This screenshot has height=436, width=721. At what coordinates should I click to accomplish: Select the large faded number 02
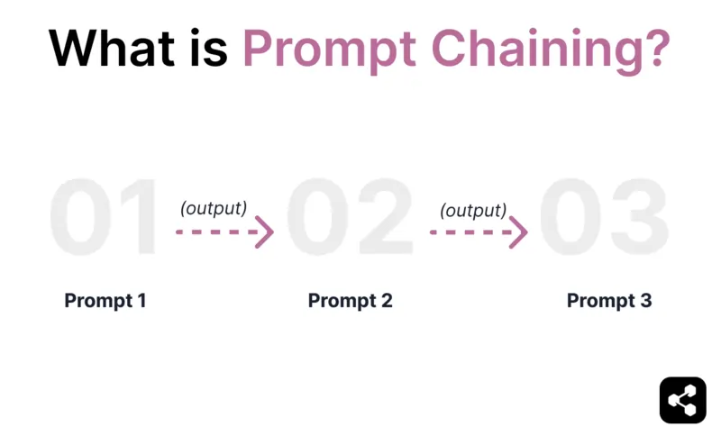point(351,219)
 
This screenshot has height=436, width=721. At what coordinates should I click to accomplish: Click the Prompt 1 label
point(105,301)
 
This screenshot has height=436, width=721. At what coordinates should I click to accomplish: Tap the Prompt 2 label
point(351,301)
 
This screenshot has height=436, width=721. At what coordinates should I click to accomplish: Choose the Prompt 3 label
point(609,301)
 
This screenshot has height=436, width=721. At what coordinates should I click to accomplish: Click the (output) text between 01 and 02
point(214,208)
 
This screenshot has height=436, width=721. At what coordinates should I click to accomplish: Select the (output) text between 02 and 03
point(473,211)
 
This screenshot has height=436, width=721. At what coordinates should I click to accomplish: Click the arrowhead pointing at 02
point(265,232)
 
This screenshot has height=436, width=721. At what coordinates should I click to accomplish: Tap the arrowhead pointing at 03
point(519,232)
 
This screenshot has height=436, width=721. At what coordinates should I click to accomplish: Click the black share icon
point(682,399)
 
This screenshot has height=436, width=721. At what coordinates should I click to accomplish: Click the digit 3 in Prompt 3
point(644,301)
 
